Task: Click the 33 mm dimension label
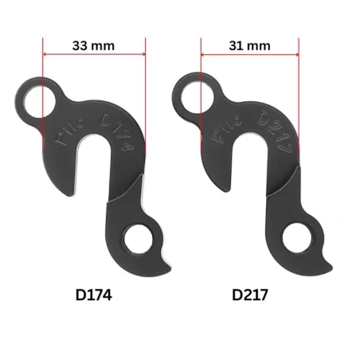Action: click(93, 45)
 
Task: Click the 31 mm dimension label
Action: click(249, 45)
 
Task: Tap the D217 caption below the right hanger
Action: click(249, 295)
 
